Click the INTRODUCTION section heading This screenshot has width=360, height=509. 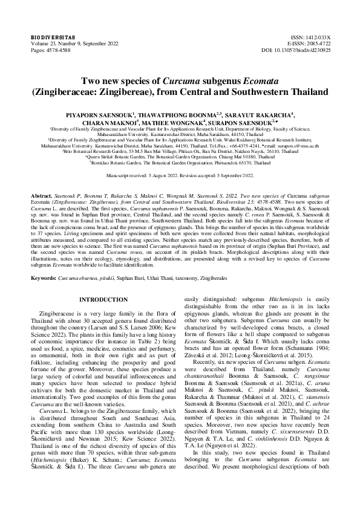click(104, 300)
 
